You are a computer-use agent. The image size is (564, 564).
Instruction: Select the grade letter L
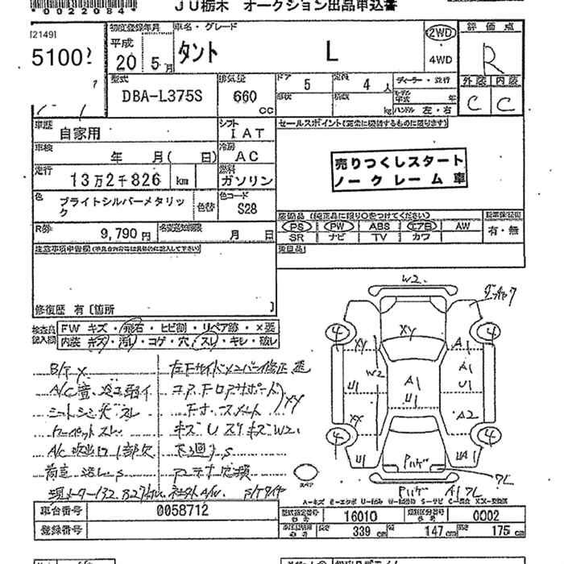pos(332,52)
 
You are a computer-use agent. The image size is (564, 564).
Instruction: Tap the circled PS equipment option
pos(296,227)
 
